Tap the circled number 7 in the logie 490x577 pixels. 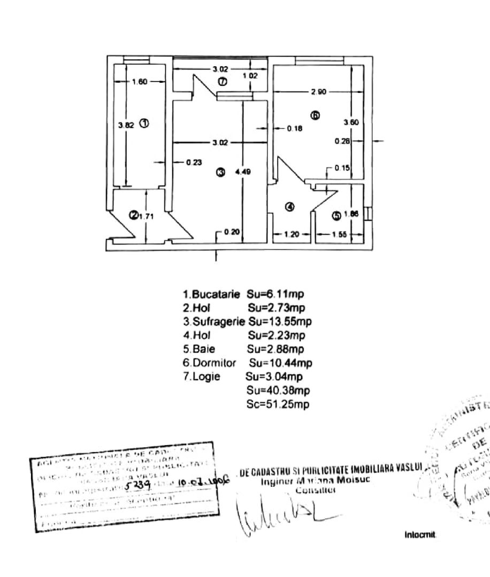pos(223,82)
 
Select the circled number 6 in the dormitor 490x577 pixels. pos(316,115)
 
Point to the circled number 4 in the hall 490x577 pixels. pos(289,207)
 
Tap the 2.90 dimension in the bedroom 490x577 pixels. pos(318,92)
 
